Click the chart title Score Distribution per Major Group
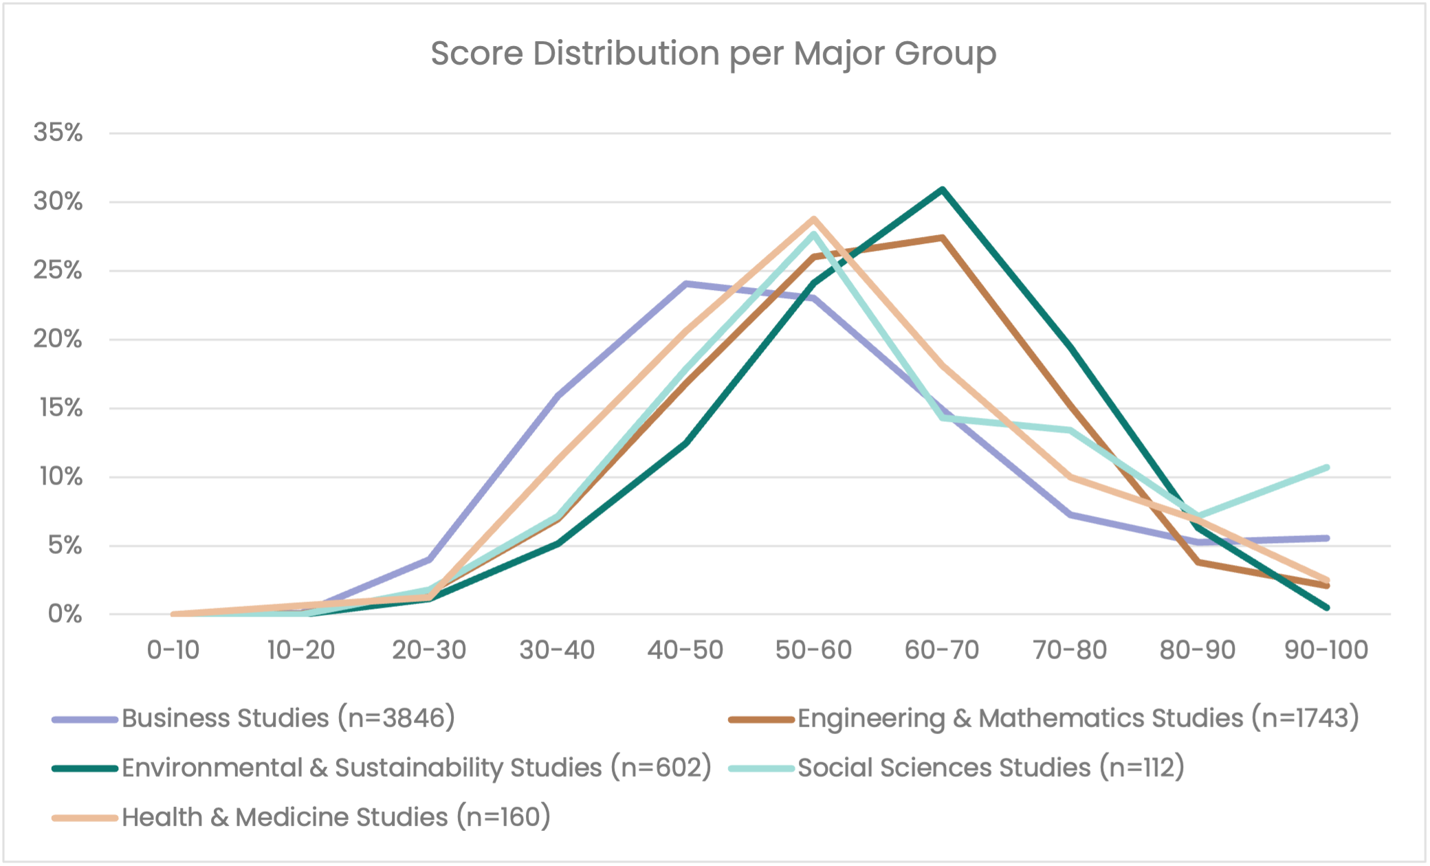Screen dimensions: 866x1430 pos(714,54)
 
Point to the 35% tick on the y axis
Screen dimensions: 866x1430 pos(58,133)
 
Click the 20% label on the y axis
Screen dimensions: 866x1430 pos(58,340)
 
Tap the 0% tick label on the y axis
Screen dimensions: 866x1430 pos(65,614)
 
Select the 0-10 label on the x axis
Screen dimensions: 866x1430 pos(173,649)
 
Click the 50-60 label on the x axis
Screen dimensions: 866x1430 pos(813,649)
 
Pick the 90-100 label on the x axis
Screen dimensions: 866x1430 pos(1326,649)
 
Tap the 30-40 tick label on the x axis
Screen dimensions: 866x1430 pos(557,649)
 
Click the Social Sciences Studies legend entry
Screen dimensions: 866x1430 pos(991,768)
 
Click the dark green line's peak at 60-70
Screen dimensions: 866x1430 pos(942,189)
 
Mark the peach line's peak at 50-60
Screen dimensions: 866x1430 pos(814,219)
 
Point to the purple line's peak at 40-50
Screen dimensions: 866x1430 pos(685,283)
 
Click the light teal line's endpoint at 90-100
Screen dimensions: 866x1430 pos(1326,467)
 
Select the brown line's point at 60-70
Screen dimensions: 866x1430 pos(942,238)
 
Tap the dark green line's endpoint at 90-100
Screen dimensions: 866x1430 pos(1326,608)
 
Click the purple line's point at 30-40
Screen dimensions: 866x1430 pos(557,395)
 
